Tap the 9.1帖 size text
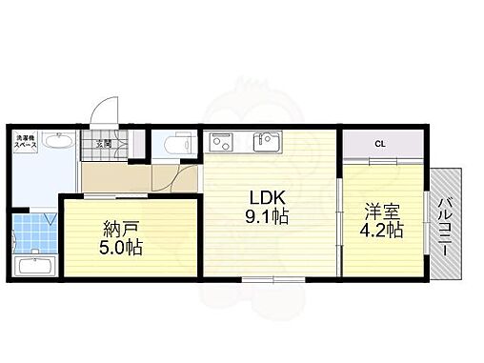click(x=268, y=217)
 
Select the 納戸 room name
click(x=121, y=230)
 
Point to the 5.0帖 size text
click(x=121, y=249)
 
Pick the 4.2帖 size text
click(x=380, y=230)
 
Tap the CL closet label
click(x=379, y=144)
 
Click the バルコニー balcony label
click(x=445, y=226)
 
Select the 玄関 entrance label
click(x=101, y=145)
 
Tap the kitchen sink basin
click(x=265, y=143)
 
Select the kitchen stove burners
click(x=223, y=143)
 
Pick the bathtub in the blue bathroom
click(x=36, y=263)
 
